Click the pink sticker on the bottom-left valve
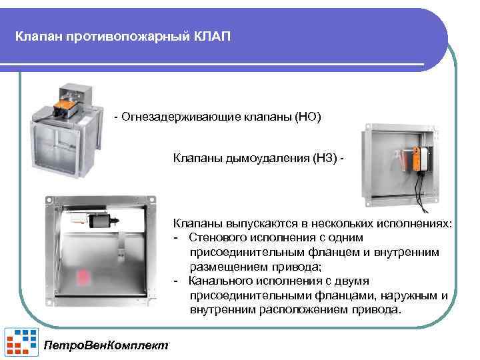(x=87, y=275)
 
